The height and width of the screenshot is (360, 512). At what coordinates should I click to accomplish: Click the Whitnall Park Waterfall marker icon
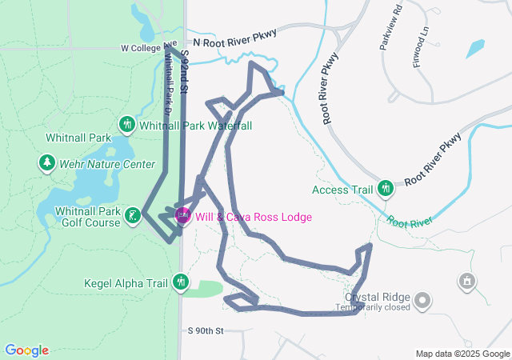[x=126, y=125]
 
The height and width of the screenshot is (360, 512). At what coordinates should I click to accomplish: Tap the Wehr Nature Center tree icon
[x=46, y=164]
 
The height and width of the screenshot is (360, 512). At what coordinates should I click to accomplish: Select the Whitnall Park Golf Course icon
[x=134, y=215]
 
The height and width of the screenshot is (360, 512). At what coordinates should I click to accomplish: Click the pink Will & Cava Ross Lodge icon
[x=182, y=216]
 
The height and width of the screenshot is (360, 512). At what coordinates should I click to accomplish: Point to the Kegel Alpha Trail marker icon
[x=181, y=282]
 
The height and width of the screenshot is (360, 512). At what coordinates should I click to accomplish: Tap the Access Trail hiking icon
[x=386, y=189]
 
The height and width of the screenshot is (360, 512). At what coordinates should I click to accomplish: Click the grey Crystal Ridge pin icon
[x=422, y=301]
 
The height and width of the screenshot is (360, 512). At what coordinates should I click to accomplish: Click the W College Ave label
[x=149, y=47]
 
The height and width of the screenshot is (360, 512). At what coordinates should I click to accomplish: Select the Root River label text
[x=410, y=220]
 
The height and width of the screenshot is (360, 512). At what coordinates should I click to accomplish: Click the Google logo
[x=26, y=350]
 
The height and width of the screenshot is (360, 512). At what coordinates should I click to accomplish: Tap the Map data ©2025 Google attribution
[x=462, y=354]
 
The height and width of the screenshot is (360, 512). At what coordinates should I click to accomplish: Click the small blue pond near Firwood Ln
[x=475, y=48]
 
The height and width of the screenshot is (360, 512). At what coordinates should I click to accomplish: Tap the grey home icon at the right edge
[x=467, y=282]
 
